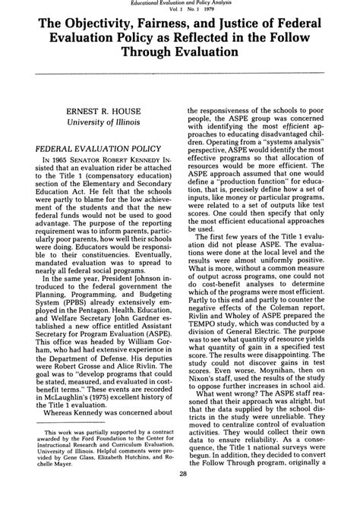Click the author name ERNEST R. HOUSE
[103, 112]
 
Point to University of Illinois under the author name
[103, 125]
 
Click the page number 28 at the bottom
[180, 494]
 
